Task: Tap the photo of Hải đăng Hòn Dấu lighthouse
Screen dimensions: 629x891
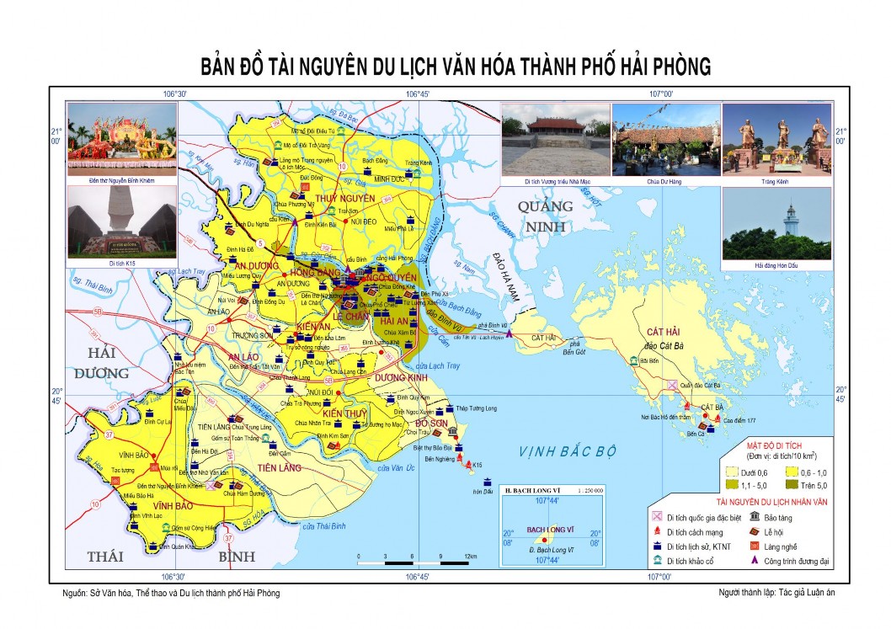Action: [x=776, y=223]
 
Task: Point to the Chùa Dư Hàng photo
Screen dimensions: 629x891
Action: [x=664, y=139]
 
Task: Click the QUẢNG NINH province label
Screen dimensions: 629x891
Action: [x=545, y=216]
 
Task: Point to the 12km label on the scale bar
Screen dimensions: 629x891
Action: [x=471, y=557]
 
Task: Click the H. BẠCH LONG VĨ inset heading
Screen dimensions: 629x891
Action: [x=531, y=489]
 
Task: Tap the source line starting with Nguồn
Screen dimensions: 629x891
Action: [x=171, y=593]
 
